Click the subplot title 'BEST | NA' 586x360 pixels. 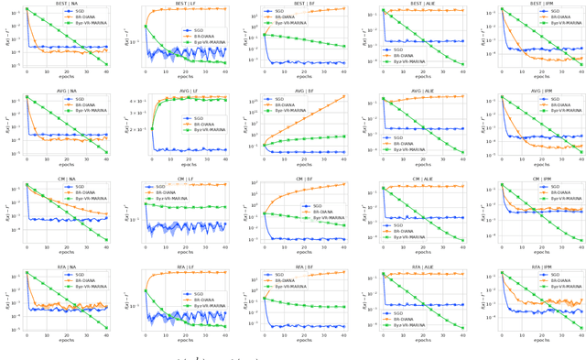point(66,4)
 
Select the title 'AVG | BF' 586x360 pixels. point(304,92)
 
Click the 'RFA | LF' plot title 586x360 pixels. point(185,267)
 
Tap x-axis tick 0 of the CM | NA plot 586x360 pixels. point(27,247)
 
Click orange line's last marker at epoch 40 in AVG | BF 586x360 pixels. point(344,96)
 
